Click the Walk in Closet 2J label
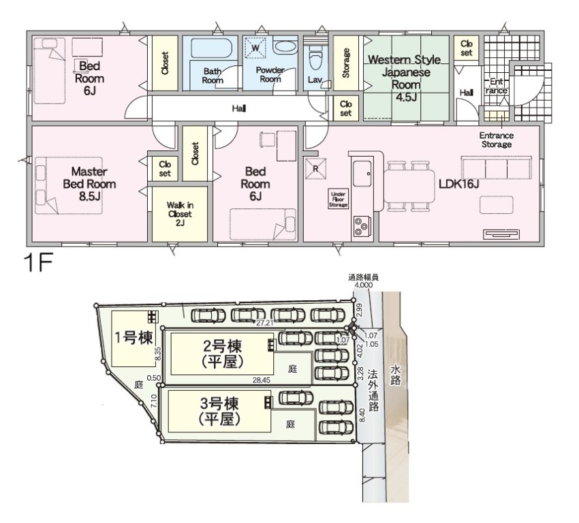point(180,214)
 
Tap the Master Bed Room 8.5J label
point(89,184)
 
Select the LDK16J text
point(459,184)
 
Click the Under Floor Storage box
point(339,199)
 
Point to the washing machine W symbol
point(255,48)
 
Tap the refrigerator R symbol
point(315,169)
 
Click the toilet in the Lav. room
point(315,59)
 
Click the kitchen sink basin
point(363,174)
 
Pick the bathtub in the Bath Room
point(211,48)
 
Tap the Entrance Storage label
point(497,140)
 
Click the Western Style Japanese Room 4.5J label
point(405,78)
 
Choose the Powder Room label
point(270,74)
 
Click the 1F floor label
point(38,262)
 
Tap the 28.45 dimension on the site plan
point(262,380)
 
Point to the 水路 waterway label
point(396,375)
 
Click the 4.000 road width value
point(363,285)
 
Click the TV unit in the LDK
point(502,234)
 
